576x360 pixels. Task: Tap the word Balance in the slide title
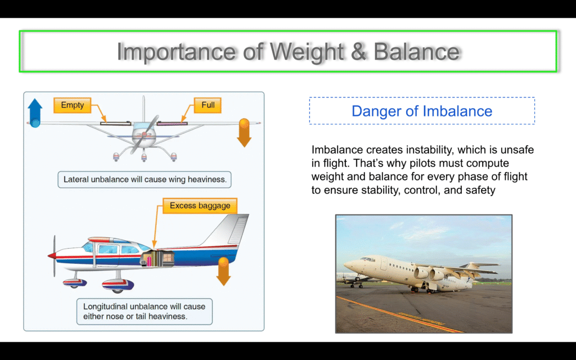[x=417, y=51]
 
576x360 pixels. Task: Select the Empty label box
[x=73, y=105]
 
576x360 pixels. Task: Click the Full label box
[x=208, y=105]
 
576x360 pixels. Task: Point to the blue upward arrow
[x=35, y=112]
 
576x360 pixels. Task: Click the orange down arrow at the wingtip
[x=244, y=132]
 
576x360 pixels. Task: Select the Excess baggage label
[x=200, y=206]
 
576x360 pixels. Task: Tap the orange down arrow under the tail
[x=223, y=272]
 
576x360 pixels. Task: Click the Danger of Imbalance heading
[x=422, y=111]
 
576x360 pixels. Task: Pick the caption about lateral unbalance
[x=145, y=179]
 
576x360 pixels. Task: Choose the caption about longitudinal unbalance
[x=145, y=312]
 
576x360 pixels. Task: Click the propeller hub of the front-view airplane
[x=143, y=134]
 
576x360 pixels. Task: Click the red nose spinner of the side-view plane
[x=52, y=256]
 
